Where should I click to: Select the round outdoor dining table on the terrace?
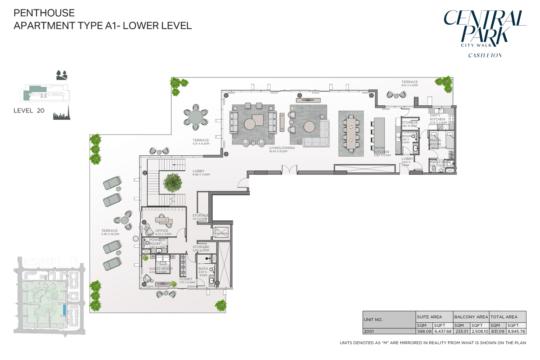tap(196, 117)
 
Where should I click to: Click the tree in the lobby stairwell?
tap(173, 182)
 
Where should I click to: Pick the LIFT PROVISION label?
tap(220, 232)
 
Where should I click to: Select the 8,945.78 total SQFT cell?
tap(516, 331)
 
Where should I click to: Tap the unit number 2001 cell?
tap(369, 331)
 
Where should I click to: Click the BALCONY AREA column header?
tap(470, 317)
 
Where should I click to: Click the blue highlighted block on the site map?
tap(65, 310)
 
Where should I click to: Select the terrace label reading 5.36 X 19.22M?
tap(109, 233)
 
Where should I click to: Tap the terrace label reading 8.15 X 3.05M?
tap(409, 83)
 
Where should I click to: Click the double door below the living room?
tap(289, 170)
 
